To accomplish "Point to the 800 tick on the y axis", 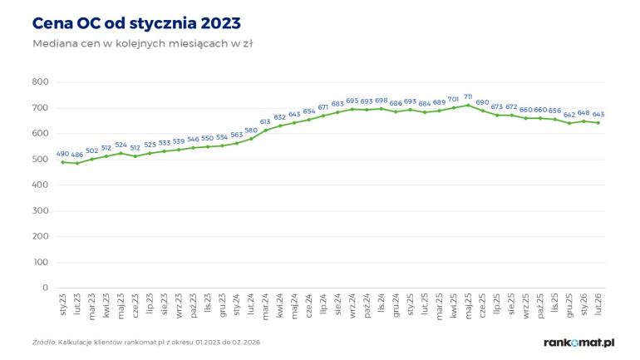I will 39,81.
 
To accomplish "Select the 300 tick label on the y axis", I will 39,210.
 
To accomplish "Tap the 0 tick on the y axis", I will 45,288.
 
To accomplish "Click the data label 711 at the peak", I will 468,96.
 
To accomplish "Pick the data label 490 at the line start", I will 62,153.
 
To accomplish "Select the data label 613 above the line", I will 265,121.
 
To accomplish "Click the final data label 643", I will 598,114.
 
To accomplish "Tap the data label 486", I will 77,155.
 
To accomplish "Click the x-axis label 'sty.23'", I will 63,303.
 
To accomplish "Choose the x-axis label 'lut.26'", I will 598,303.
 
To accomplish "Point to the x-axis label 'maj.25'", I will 468,304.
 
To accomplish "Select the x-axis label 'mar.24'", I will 265,304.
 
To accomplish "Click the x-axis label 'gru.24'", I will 396,304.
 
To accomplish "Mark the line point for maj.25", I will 468,105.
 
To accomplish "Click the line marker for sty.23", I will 62,161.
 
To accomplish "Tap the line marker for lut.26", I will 598,122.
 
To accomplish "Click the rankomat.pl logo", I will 578,342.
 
